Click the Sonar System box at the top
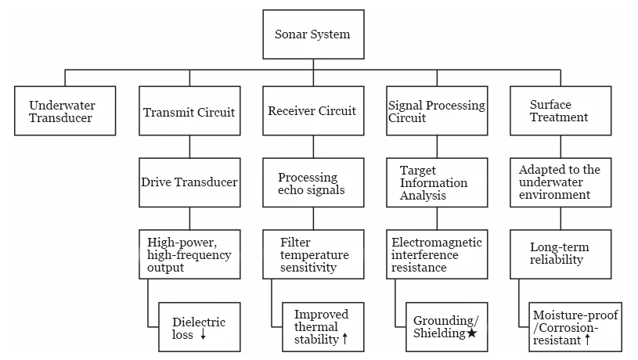click(313, 34)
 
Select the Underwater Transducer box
click(65, 111)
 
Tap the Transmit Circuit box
click(189, 111)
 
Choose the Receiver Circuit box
click(312, 111)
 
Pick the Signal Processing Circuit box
click(437, 111)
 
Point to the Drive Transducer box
click(189, 182)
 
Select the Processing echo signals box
click(312, 182)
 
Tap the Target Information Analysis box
click(437, 182)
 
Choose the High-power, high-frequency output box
click(189, 254)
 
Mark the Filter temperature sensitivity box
click(312, 254)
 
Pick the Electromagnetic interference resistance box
click(437, 254)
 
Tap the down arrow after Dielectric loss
click(203, 335)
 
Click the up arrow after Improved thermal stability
click(344, 340)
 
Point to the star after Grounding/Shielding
click(471, 334)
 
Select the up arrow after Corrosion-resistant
click(586, 341)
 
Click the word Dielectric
click(198, 322)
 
